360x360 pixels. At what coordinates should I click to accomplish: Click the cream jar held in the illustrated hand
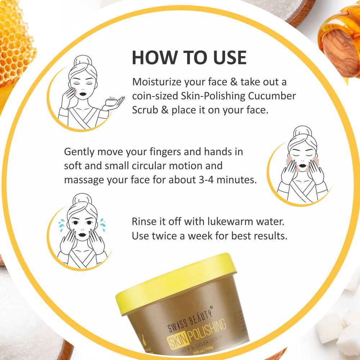click(x=112, y=101)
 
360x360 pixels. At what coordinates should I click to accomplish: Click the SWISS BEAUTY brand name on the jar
click(x=190, y=320)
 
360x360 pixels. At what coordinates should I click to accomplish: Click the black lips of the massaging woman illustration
click(x=303, y=165)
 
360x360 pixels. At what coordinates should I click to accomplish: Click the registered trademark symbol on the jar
click(x=211, y=307)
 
